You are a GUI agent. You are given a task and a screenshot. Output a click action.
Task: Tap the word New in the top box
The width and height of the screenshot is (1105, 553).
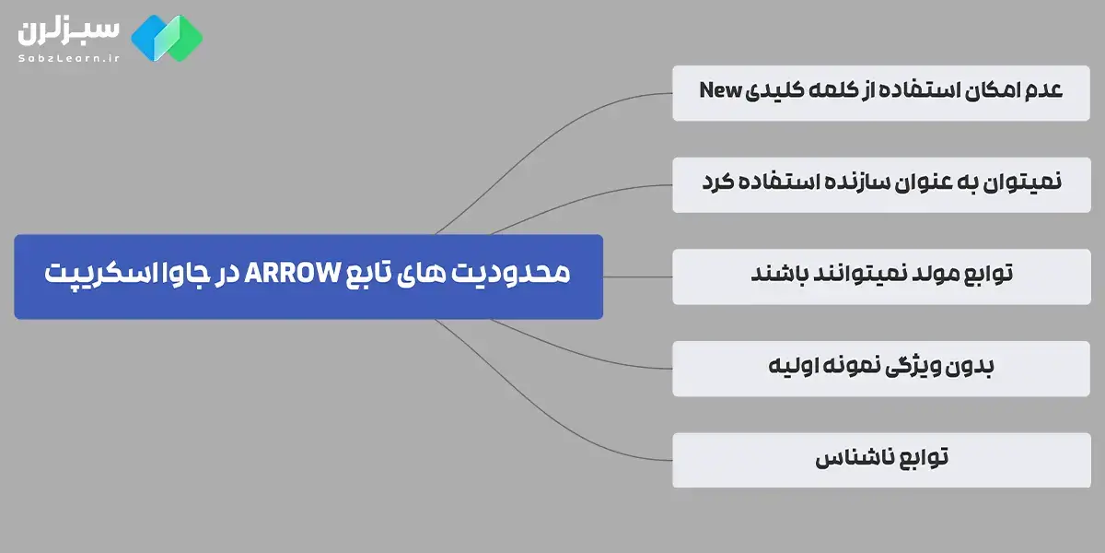[x=718, y=90]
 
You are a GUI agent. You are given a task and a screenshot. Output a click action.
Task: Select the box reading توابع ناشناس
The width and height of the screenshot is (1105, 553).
[x=881, y=459]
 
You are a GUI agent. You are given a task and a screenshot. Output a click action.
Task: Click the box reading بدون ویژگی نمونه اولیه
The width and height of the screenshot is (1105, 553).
[x=881, y=368]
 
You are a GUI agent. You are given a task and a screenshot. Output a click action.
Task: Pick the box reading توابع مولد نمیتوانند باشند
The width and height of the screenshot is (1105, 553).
[x=881, y=276]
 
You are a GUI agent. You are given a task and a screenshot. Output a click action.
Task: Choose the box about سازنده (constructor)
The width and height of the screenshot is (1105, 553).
[x=881, y=183]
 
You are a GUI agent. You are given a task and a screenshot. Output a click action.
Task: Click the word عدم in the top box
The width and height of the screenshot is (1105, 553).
[x=1041, y=90]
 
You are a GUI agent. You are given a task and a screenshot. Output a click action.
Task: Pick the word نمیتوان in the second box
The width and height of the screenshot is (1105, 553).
[x=1021, y=182]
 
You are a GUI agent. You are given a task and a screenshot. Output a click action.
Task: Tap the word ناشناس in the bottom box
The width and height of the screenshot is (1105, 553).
[x=851, y=459]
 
